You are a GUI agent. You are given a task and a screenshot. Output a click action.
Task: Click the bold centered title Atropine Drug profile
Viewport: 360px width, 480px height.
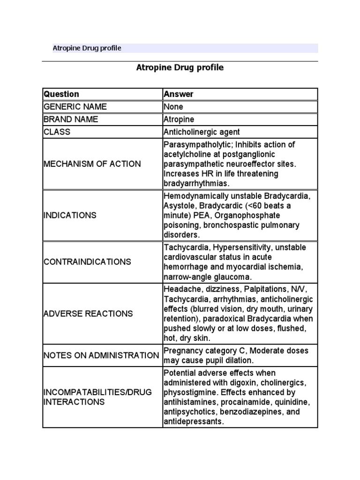[180, 67]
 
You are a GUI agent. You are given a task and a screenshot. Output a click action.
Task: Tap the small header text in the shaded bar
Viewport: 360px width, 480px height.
[87, 48]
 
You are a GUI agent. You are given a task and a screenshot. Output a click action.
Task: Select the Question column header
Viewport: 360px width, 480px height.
[61, 94]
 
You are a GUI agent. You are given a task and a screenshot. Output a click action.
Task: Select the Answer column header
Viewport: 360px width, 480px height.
[178, 94]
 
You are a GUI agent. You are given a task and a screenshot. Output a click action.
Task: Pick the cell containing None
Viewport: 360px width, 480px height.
[173, 107]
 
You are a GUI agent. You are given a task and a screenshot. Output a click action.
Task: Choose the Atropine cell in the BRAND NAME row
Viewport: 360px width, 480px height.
[179, 120]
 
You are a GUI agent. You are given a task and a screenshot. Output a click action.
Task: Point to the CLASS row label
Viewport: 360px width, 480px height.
[57, 132]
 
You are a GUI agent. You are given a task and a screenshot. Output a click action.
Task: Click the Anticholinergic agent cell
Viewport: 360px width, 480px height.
[202, 132]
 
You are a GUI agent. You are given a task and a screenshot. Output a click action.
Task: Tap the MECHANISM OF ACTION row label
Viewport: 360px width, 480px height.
[92, 164]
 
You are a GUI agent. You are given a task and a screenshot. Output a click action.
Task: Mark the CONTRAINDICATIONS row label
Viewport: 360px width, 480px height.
[87, 262]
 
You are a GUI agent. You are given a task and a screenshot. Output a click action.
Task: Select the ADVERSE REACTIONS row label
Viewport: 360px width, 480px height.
[88, 314]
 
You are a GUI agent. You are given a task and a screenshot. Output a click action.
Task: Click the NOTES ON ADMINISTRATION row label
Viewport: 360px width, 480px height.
[101, 355]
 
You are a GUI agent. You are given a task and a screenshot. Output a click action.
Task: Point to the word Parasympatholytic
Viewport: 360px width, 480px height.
[194, 144]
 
